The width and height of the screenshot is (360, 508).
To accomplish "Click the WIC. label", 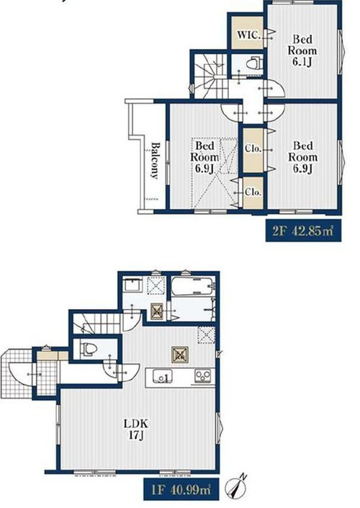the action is click(x=249, y=35).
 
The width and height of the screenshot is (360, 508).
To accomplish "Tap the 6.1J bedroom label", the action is click(x=302, y=50).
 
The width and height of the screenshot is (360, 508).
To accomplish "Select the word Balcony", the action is click(x=155, y=161).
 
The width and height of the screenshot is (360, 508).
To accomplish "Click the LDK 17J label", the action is click(x=136, y=429).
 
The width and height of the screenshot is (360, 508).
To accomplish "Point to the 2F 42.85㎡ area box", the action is click(x=303, y=231).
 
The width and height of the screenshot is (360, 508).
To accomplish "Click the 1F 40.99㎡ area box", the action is click(x=181, y=489).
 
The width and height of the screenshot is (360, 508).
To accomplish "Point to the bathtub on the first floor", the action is click(x=192, y=285).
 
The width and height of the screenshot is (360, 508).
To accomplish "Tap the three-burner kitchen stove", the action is click(x=203, y=376).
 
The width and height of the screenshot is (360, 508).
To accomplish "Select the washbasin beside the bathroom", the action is click(x=133, y=285).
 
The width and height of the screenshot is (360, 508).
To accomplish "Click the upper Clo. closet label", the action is click(x=253, y=148).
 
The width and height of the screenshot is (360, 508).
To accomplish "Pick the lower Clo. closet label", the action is click(x=253, y=192).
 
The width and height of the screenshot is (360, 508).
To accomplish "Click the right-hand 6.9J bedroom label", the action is click(x=302, y=157).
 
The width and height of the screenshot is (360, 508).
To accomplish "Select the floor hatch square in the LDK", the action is click(x=180, y=355).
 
